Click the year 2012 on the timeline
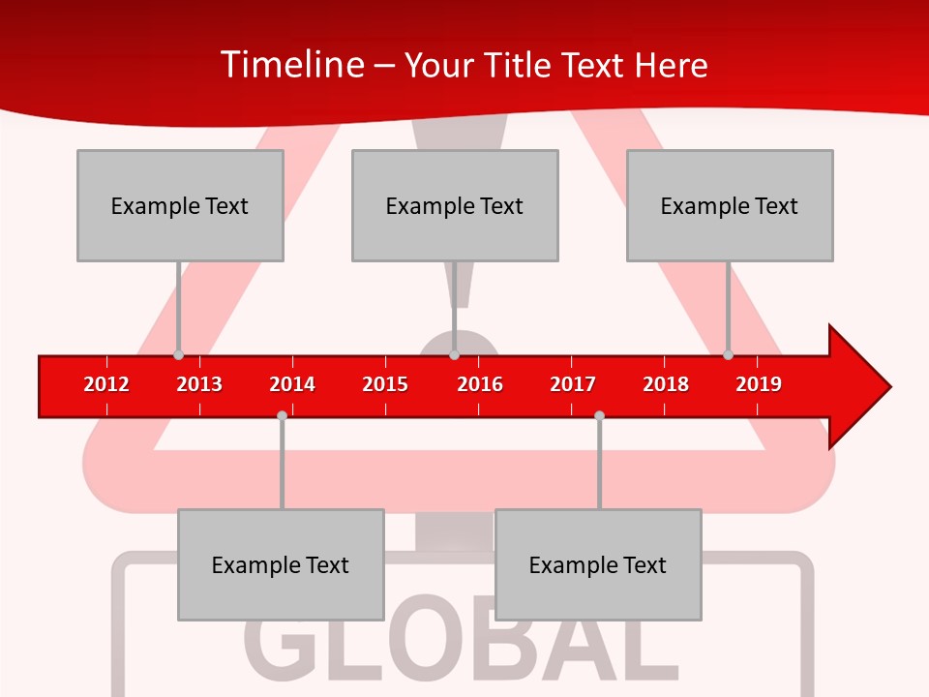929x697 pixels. [106, 384]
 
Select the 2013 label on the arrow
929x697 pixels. [199, 384]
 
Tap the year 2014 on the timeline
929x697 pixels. [292, 384]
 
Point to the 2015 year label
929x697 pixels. [385, 384]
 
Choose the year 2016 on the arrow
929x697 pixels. [480, 384]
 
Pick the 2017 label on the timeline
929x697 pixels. [573, 384]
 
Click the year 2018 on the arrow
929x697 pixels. [666, 384]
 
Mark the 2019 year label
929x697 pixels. [759, 384]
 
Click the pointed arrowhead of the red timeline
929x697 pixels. [861, 386]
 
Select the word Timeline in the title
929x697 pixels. [291, 65]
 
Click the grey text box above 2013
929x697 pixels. [180, 205]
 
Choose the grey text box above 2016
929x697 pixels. [455, 205]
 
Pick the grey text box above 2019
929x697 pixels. [730, 205]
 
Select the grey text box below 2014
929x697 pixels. [281, 564]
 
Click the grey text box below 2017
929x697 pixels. [598, 564]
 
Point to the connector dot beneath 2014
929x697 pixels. [282, 415]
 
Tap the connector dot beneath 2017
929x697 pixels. [599, 415]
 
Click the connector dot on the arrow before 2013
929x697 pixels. [178, 354]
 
